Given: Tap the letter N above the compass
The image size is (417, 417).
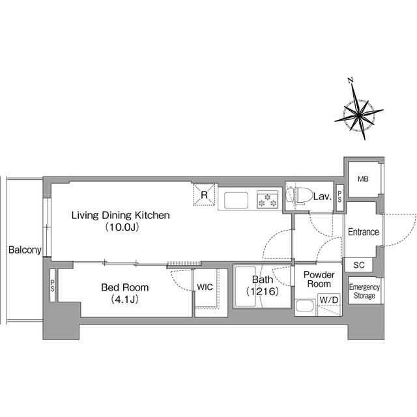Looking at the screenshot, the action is pyautogui.click(x=351, y=80).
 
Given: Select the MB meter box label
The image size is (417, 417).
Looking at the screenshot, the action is pyautogui.click(x=363, y=179).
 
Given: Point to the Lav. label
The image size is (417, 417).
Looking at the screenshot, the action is pyautogui.click(x=323, y=197).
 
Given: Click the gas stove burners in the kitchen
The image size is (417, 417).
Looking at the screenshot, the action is pyautogui.click(x=267, y=200).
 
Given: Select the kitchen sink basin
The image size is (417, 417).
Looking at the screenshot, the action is pyautogui.click(x=236, y=200).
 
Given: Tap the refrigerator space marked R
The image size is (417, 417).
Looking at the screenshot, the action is pyautogui.click(x=204, y=195).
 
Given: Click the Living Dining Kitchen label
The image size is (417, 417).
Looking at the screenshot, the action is pyautogui.click(x=121, y=215).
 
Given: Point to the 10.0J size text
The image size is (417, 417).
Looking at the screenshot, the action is pyautogui.click(x=122, y=227).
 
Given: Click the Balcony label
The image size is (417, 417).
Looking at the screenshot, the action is pyautogui.click(x=25, y=250).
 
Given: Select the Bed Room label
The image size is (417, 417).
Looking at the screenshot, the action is pyautogui.click(x=124, y=287).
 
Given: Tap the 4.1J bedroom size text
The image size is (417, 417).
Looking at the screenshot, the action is pyautogui.click(x=124, y=300).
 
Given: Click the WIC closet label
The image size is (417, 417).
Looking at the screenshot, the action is pyautogui.click(x=205, y=287).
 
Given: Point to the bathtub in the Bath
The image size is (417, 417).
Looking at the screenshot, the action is pyautogui.click(x=246, y=287).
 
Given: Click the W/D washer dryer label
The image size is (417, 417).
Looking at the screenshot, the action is pyautogui.click(x=329, y=300).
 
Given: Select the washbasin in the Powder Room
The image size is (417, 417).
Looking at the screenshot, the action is pyautogui.click(x=304, y=306).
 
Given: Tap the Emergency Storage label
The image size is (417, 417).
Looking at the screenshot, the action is pyautogui.click(x=364, y=291).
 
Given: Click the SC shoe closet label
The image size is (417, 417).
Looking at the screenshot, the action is pyautogui.click(x=359, y=265).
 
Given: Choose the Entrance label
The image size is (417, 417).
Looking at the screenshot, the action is pyautogui.click(x=364, y=232).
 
